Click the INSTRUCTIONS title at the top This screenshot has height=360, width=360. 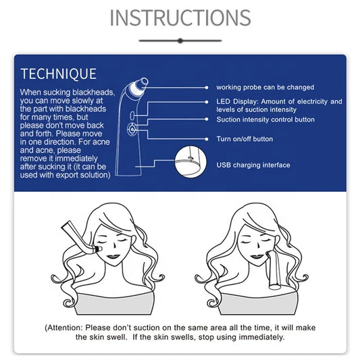[x=180, y=18]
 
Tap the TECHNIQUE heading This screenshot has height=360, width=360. [x=59, y=74]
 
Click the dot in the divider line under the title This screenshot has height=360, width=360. [x=180, y=41]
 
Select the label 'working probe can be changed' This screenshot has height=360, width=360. [x=265, y=87]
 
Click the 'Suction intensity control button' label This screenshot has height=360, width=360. [x=265, y=120]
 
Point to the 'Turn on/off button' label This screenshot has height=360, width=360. [x=245, y=139]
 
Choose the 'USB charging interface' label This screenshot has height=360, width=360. [x=253, y=165]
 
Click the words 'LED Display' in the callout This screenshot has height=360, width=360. [x=236, y=101]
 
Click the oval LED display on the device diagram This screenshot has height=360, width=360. [x=132, y=115]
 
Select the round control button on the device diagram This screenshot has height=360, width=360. [x=132, y=129]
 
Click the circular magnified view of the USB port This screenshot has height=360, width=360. [x=190, y=161]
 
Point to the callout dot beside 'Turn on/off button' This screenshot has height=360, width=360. [x=207, y=139]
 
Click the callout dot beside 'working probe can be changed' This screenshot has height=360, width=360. [x=207, y=88]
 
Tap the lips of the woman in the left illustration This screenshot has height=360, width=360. [x=113, y=256]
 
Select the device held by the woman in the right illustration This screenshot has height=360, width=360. [x=274, y=269]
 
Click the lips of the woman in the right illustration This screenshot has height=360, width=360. [x=257, y=256]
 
